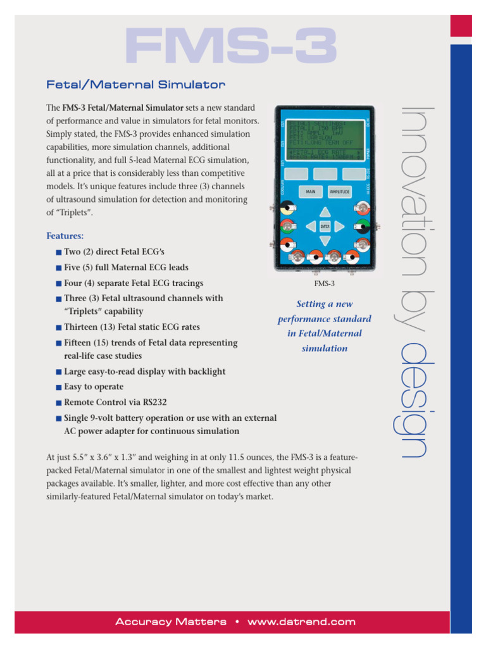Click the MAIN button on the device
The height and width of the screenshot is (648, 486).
click(x=311, y=190)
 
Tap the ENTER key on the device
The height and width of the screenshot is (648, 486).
click(x=325, y=226)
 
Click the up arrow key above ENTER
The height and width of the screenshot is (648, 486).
click(x=325, y=211)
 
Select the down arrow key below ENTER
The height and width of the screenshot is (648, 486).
click(x=325, y=240)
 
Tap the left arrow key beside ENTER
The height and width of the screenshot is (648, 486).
click(x=310, y=226)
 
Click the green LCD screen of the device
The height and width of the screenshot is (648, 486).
click(x=325, y=139)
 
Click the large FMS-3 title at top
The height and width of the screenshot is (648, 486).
click(x=231, y=46)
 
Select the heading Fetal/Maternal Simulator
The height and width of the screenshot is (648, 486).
click(x=136, y=84)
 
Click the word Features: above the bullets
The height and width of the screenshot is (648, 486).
click(x=65, y=236)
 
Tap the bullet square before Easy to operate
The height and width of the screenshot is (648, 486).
click(x=58, y=387)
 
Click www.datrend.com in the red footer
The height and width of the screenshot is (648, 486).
click(x=301, y=622)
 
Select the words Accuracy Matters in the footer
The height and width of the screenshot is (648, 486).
click(x=171, y=622)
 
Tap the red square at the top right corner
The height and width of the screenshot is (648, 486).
click(x=461, y=26)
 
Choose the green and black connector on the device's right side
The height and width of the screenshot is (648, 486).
click(x=362, y=225)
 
